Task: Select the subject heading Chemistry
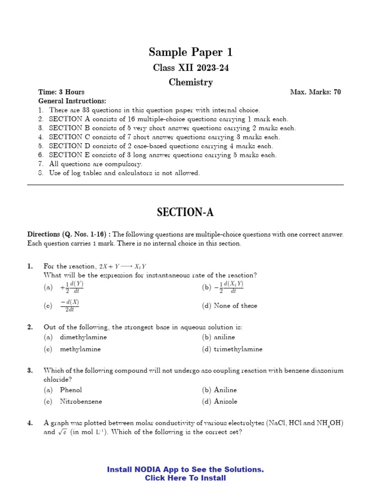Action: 190,82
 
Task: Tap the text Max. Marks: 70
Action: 315,92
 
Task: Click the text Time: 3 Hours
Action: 61,92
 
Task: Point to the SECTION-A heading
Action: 185,212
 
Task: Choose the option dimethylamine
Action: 83,337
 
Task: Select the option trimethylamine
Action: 238,349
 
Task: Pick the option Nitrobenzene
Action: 81,401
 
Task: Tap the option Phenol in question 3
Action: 71,390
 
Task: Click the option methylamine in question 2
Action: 80,349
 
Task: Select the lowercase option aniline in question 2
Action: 224,337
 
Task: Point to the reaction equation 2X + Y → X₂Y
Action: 123,266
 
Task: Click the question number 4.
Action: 30,423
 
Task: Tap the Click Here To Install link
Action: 185,478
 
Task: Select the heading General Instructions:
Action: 72,101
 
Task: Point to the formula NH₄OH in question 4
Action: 329,424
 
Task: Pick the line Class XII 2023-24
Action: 190,68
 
